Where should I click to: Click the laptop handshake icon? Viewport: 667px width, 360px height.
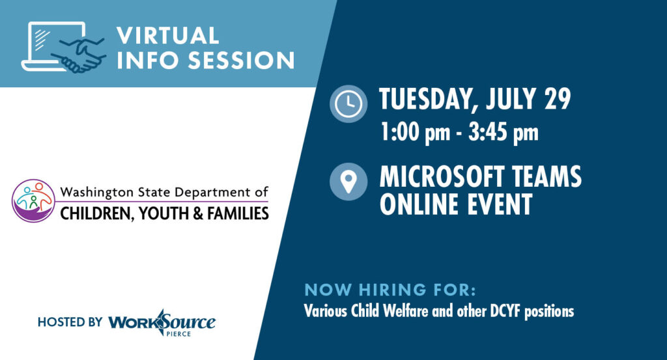click(64, 47)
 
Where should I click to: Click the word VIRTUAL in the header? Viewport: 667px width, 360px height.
click(165, 35)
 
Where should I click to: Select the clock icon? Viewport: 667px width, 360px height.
click(348, 104)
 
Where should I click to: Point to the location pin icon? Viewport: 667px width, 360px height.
click(348, 181)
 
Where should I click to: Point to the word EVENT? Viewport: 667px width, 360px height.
click(496, 204)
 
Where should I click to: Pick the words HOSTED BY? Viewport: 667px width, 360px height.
click(70, 322)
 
